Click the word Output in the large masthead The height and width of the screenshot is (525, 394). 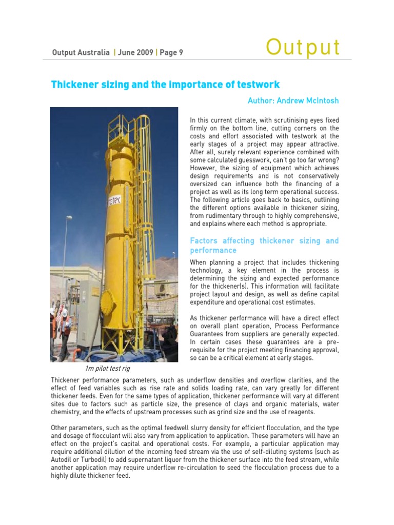coord(303,48)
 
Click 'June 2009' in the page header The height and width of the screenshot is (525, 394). coord(135,52)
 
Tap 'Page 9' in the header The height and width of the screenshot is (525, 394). coord(171,52)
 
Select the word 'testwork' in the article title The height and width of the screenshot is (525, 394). coord(256,84)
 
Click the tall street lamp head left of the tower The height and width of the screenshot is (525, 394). coord(69,218)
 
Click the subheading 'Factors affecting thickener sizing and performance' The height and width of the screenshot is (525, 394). coord(264,246)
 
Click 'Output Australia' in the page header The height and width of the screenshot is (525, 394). coord(81,52)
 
